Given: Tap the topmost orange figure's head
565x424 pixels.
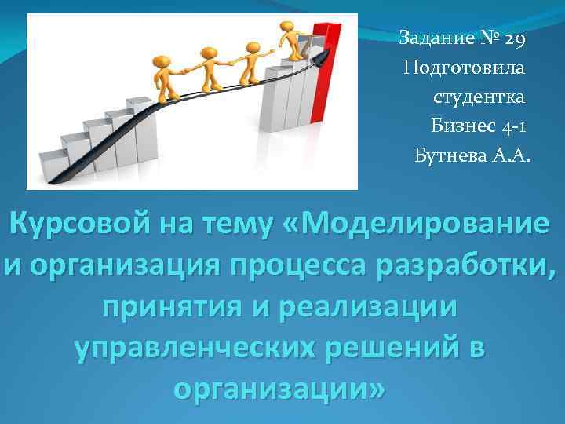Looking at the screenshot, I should click(x=286, y=27).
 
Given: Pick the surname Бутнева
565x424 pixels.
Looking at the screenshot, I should click(x=452, y=155).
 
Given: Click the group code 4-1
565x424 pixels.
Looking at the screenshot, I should click(x=515, y=126).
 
